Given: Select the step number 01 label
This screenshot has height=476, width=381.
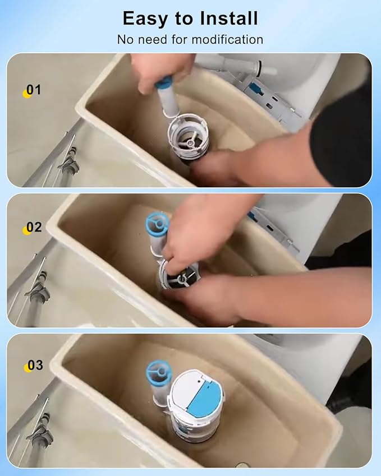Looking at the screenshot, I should click(34, 90).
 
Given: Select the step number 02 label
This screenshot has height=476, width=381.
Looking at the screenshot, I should click(34, 228).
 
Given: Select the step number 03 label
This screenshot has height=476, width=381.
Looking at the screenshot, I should click(35, 366).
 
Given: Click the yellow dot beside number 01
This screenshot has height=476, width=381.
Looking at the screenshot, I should click(26, 94).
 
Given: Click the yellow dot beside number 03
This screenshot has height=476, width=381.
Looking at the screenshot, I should click(26, 368).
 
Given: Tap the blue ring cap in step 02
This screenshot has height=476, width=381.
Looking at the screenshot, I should click(157, 222).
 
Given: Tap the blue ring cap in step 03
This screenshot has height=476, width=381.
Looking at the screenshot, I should click(158, 372).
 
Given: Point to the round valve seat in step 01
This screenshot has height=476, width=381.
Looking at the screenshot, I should click(188, 135).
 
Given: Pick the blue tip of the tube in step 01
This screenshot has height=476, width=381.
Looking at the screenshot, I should click(164, 84).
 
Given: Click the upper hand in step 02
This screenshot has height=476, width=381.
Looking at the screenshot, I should click(196, 230).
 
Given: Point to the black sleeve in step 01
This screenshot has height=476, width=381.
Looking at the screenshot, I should click(342, 135).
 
